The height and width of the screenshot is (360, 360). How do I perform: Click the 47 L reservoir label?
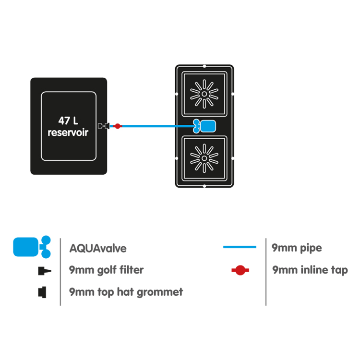pyautogui.click(x=68, y=126)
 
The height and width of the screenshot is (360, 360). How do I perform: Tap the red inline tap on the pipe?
pyautogui.click(x=117, y=126)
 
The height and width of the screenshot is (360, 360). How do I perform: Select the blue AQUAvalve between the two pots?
pyautogui.click(x=205, y=126)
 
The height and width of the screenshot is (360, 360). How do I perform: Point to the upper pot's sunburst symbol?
pyautogui.click(x=204, y=93)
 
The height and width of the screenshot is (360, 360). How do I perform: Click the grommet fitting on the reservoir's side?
pyautogui.click(x=102, y=126)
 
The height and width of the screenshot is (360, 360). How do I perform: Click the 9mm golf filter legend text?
pyautogui.click(x=106, y=270)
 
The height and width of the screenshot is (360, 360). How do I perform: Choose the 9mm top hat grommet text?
pyautogui.click(x=126, y=292)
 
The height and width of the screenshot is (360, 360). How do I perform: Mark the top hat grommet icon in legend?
pyautogui.click(x=42, y=291)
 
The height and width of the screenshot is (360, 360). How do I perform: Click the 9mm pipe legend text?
pyautogui.click(x=297, y=248)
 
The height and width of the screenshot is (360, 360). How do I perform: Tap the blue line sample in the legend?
pyautogui.click(x=240, y=247)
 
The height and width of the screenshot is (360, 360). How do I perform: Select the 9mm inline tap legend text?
pyautogui.click(x=310, y=270)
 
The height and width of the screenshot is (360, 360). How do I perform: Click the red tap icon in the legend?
pyautogui.click(x=240, y=270)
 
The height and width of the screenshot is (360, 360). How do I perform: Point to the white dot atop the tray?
pyautogui.click(x=204, y=66)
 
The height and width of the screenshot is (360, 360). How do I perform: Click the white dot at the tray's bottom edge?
pyautogui.click(x=204, y=186)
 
